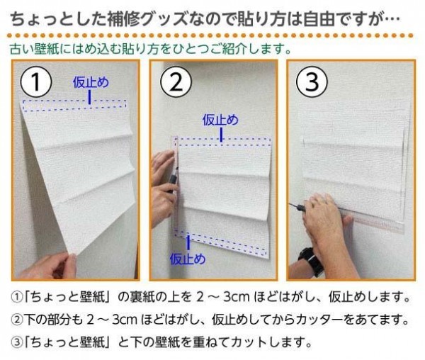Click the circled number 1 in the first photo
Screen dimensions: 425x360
[36, 82]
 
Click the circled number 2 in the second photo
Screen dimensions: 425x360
[176, 82]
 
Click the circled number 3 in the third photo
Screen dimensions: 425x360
[312, 82]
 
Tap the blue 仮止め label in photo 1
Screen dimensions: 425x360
[91, 82]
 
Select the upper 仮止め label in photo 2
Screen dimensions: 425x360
[220, 120]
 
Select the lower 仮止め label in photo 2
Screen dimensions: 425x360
[188, 259]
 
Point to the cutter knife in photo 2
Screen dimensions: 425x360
[173, 179]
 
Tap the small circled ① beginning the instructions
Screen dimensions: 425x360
[17, 298]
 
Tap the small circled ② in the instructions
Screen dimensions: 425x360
[17, 320]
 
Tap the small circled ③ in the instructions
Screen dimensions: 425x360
[17, 343]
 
